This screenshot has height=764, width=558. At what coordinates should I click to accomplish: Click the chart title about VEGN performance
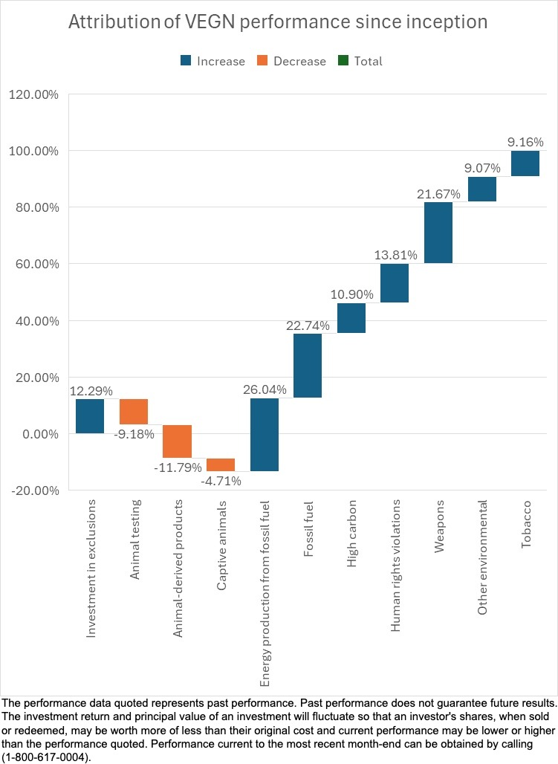278,22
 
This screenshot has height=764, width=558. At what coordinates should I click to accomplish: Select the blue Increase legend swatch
185,62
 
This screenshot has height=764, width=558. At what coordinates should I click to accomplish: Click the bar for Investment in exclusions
90,416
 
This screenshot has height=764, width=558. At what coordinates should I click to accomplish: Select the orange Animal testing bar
134,412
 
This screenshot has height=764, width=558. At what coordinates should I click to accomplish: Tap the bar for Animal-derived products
178,441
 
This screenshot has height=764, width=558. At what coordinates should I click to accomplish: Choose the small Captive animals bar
221,464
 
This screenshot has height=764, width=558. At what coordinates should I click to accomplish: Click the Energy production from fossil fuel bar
265,435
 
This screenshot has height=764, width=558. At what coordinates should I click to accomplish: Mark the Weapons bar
438,233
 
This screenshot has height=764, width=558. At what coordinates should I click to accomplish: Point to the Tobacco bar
525,164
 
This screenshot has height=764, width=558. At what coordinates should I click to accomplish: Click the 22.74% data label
308,325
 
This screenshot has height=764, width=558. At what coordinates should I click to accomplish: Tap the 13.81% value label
395,255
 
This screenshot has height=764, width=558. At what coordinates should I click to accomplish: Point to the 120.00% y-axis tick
33,94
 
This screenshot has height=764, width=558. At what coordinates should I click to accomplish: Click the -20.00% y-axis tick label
33,491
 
